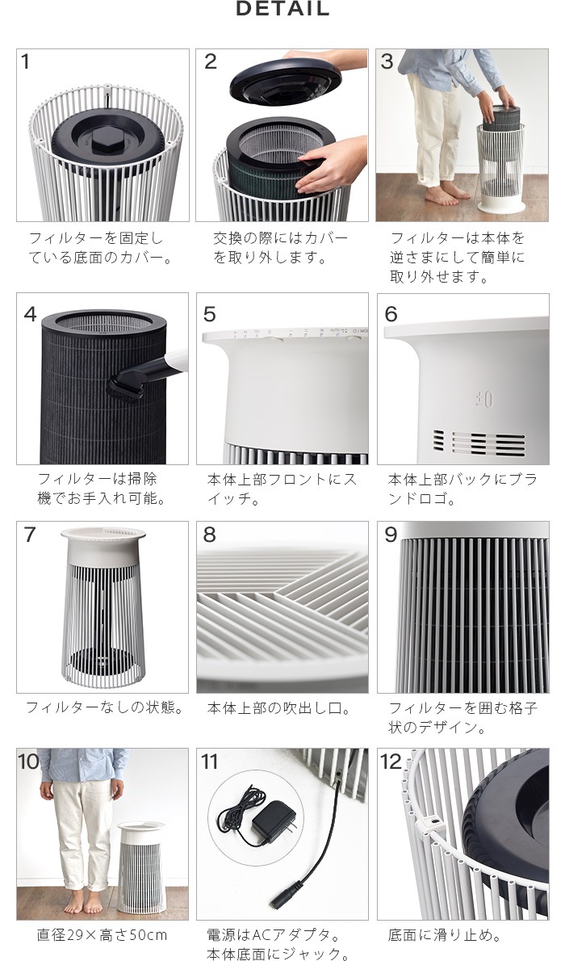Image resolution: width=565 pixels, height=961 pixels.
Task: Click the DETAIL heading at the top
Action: (x=282, y=10)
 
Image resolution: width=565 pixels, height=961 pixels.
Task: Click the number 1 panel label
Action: (x=26, y=62)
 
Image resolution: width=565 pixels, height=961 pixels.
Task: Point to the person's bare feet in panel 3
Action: (x=444, y=193)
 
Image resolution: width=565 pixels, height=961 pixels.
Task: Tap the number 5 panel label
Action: (x=209, y=314)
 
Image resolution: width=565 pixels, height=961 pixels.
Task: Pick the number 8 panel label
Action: (x=209, y=535)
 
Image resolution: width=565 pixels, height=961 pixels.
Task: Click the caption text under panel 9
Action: (x=462, y=717)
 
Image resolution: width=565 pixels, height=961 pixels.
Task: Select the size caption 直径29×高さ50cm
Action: (x=102, y=935)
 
